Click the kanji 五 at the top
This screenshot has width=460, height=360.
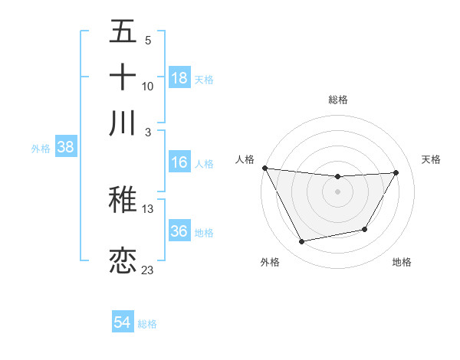tap(123, 31)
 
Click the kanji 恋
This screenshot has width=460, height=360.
tap(123, 260)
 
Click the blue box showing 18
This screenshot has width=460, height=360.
tap(179, 78)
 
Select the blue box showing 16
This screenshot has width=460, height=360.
tap(179, 162)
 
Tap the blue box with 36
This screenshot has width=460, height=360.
tap(179, 231)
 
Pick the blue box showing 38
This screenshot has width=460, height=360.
tap(65, 148)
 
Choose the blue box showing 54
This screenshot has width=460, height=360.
tap(123, 323)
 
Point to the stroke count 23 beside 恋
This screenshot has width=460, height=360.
tap(147, 270)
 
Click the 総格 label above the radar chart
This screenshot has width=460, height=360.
tap(337, 100)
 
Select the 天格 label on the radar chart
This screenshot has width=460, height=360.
tap(431, 159)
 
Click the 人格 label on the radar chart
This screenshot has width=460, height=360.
tap(245, 159)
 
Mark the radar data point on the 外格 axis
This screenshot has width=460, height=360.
tap(302, 242)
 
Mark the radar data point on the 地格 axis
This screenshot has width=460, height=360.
tap(365, 229)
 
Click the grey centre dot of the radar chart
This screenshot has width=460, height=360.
tap(337, 191)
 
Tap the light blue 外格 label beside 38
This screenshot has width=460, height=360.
tap(40, 149)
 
